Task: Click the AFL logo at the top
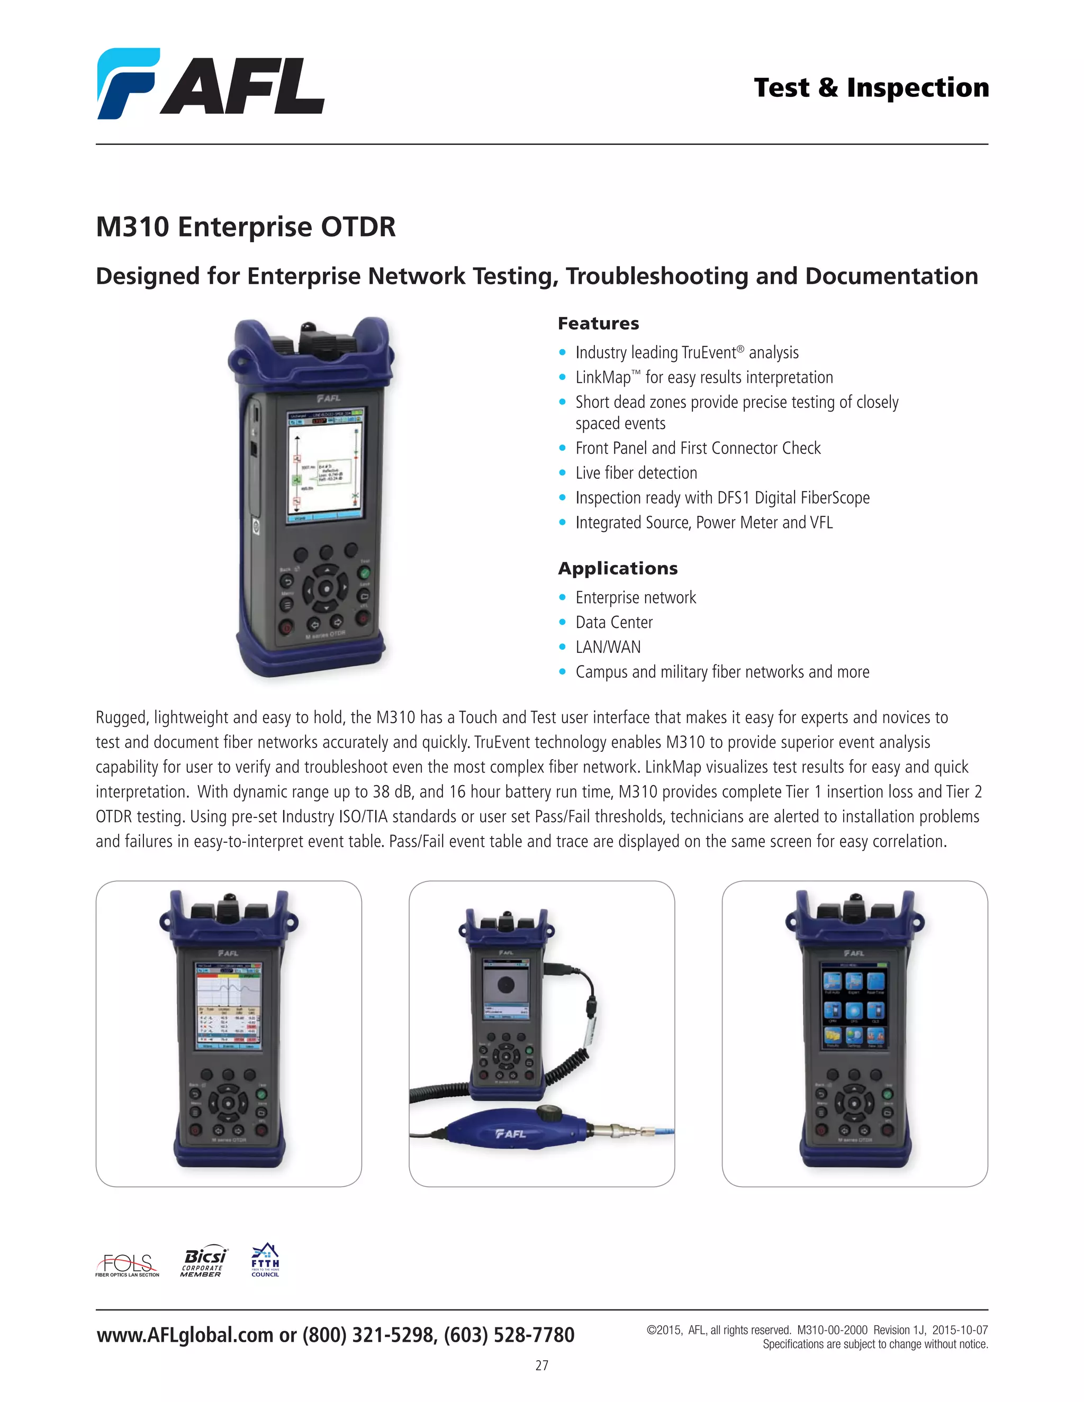[x=211, y=84]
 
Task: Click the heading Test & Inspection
[x=871, y=88]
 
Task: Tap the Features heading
[x=598, y=324]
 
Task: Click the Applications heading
[x=617, y=569]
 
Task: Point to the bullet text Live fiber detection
[x=636, y=473]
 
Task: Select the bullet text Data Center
[x=614, y=623]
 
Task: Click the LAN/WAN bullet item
[x=608, y=647]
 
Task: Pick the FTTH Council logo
[x=265, y=1261]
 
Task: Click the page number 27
[x=541, y=1365]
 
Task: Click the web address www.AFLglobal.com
[x=185, y=1335]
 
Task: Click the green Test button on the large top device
[x=364, y=572]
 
